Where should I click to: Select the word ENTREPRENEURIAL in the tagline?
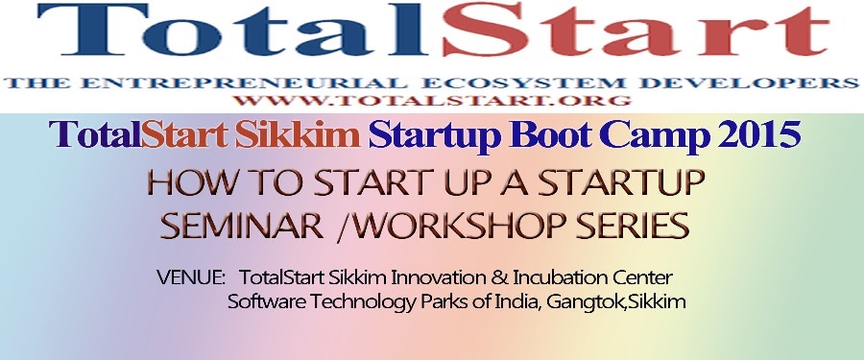pos(243,84)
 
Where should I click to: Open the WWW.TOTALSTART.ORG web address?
pos(432,101)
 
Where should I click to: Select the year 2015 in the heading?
pos(758,135)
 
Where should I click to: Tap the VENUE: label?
pos(190,276)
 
